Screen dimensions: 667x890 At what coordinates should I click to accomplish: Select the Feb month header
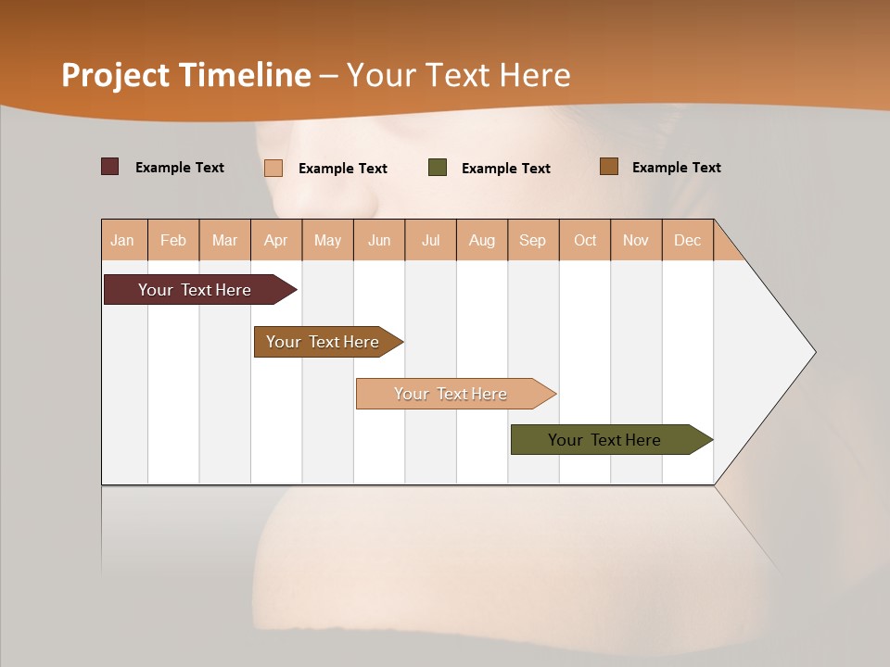(x=173, y=240)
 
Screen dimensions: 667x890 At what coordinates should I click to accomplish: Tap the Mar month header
(x=224, y=240)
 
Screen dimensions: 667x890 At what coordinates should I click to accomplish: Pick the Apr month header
(x=276, y=240)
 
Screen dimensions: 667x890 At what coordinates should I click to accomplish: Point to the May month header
(x=327, y=240)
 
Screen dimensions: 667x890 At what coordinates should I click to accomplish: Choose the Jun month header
(x=379, y=240)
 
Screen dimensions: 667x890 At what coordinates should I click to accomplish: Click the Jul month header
(x=430, y=240)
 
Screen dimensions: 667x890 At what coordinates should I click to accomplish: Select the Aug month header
(x=482, y=240)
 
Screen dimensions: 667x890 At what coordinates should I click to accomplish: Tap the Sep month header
(x=533, y=240)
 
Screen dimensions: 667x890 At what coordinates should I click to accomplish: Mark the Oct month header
(x=585, y=240)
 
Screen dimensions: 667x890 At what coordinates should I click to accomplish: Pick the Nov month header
(x=636, y=240)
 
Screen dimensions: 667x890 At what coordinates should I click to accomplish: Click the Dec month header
(x=688, y=240)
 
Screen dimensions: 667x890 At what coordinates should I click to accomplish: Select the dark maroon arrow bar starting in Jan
(x=196, y=290)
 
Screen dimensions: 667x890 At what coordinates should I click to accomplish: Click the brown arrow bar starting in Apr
(x=324, y=342)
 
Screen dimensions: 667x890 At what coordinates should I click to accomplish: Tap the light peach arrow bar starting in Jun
(x=451, y=394)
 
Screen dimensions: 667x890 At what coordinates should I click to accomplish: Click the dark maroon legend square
(x=110, y=167)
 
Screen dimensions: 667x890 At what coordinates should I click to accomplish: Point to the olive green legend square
(x=438, y=168)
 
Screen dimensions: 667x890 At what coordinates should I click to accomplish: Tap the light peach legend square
(x=273, y=168)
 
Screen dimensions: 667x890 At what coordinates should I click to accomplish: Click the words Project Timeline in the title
(x=186, y=75)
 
